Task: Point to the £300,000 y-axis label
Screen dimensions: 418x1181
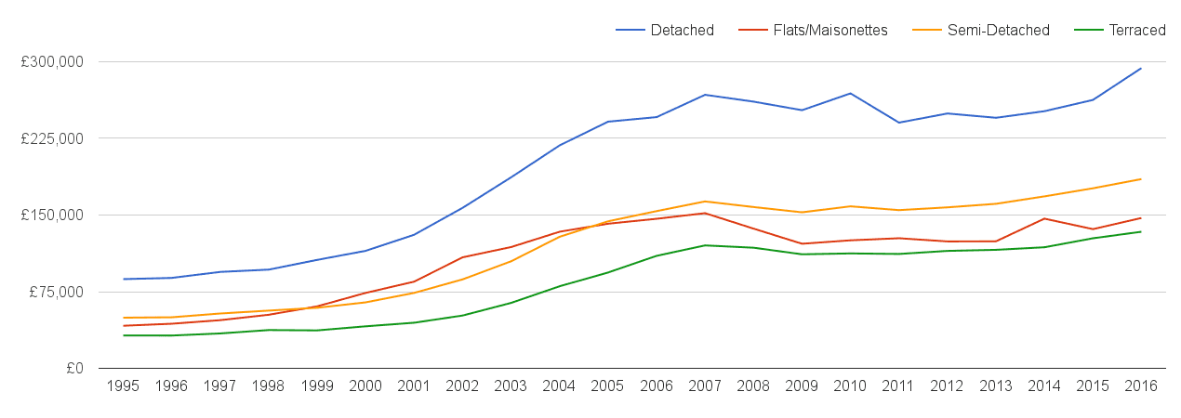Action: (52, 62)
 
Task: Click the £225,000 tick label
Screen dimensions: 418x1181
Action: (52, 138)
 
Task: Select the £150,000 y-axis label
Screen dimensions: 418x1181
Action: (52, 216)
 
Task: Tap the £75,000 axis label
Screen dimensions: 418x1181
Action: (56, 292)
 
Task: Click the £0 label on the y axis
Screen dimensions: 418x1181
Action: (74, 369)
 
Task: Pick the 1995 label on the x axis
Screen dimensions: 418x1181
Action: (123, 386)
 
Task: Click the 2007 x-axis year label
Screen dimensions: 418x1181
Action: (705, 386)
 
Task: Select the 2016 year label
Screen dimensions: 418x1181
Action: (1141, 386)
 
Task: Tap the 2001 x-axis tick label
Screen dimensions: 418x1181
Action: (414, 386)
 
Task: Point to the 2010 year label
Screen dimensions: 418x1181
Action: (850, 386)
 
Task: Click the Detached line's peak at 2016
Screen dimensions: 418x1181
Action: (1141, 68)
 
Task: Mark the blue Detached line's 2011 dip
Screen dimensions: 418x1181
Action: (898, 123)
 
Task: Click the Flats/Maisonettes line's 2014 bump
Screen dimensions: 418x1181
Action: (1044, 218)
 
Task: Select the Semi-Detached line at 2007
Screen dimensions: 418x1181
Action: (705, 202)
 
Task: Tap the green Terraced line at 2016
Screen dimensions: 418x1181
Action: (1141, 231)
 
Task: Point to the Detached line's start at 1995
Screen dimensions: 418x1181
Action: (123, 279)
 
